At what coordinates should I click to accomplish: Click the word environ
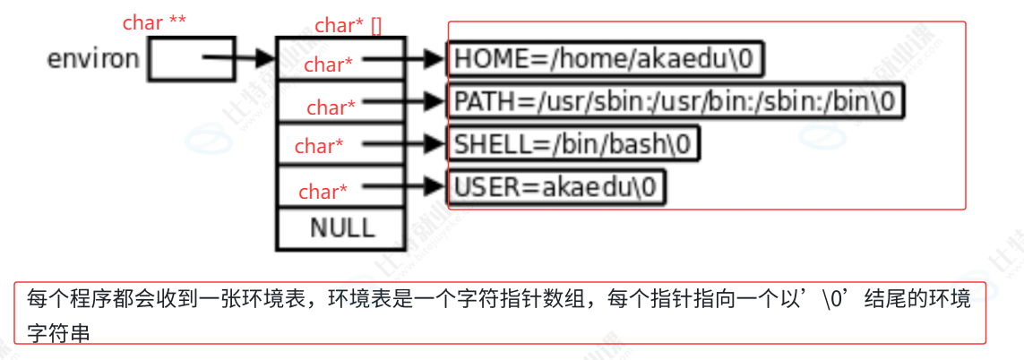click(x=93, y=59)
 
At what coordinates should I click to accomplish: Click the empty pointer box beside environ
click(x=191, y=59)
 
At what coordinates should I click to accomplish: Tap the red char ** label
click(x=155, y=22)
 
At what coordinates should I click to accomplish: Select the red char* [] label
click(x=349, y=26)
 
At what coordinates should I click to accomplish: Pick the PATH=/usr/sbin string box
click(x=675, y=101)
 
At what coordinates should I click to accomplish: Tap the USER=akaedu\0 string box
click(x=556, y=187)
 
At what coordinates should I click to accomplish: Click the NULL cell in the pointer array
click(x=341, y=227)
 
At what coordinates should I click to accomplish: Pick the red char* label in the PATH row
click(x=331, y=107)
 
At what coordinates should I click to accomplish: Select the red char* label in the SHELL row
click(x=319, y=146)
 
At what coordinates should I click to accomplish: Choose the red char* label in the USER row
click(x=323, y=192)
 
